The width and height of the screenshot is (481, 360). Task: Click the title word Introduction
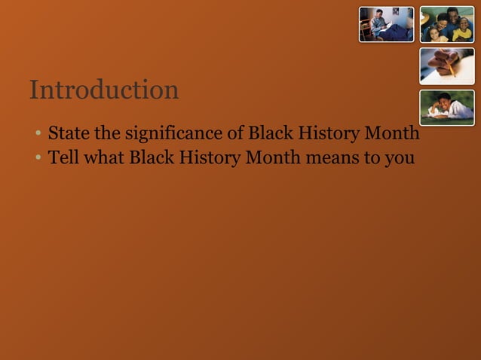pyautogui.click(x=104, y=90)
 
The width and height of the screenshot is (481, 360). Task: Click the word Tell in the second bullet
pyautogui.click(x=63, y=158)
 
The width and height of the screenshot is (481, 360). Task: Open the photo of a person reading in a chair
pyautogui.click(x=386, y=24)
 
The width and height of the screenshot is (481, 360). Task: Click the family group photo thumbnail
pyautogui.click(x=447, y=24)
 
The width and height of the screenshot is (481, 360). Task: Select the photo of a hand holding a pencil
pyautogui.click(x=447, y=66)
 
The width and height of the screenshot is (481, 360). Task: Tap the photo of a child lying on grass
pyautogui.click(x=447, y=108)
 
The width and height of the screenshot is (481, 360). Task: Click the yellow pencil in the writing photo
pyautogui.click(x=451, y=69)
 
